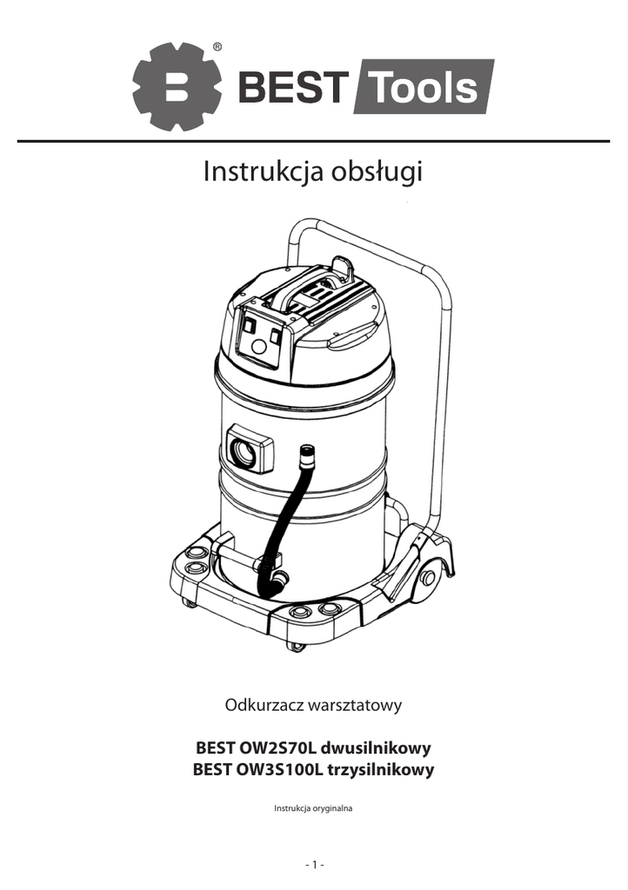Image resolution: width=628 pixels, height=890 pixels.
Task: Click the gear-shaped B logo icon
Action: tap(177, 87)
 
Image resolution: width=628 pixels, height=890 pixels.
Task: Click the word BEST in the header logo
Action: tap(290, 88)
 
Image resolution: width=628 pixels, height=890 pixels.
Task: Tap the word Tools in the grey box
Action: tap(423, 88)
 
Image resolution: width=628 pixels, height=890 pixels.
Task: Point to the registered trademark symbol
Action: tap(217, 47)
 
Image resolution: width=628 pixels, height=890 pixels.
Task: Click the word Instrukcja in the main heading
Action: tap(264, 171)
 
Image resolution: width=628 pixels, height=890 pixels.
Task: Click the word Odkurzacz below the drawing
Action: tap(264, 704)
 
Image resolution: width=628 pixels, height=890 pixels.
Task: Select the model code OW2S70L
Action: tap(277, 747)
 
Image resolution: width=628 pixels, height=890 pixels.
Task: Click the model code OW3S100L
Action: tap(279, 770)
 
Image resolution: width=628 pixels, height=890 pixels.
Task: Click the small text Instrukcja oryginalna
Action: tap(313, 808)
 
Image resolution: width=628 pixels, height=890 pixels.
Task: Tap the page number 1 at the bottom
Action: tap(314, 864)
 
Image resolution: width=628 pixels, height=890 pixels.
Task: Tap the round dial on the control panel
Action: tap(258, 348)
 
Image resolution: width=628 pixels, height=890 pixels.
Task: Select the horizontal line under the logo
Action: tap(313, 141)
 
